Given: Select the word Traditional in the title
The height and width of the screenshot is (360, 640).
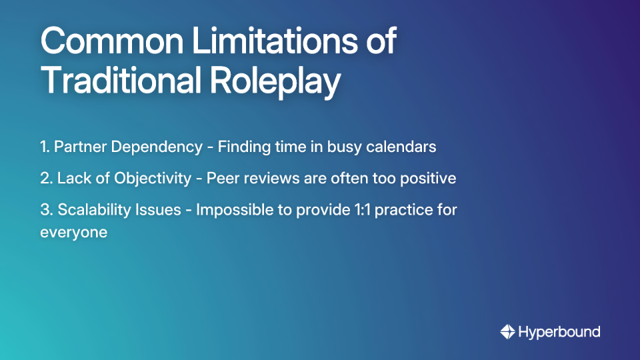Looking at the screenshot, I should [121, 81].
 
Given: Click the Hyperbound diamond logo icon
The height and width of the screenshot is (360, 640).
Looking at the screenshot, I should [507, 331].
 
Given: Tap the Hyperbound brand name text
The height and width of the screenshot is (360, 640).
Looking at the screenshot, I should [559, 331].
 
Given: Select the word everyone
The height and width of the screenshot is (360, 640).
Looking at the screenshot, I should [73, 233].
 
